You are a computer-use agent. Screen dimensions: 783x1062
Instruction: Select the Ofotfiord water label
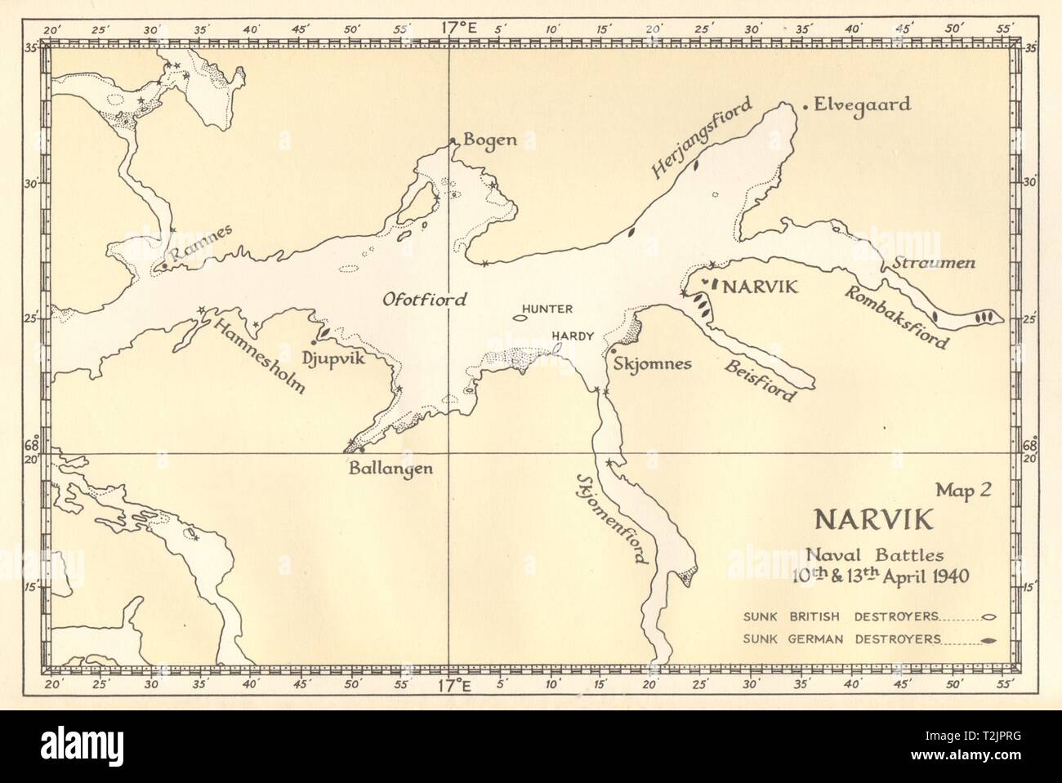[x=425, y=300]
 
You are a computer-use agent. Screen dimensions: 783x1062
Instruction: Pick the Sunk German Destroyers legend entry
[x=841, y=639]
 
